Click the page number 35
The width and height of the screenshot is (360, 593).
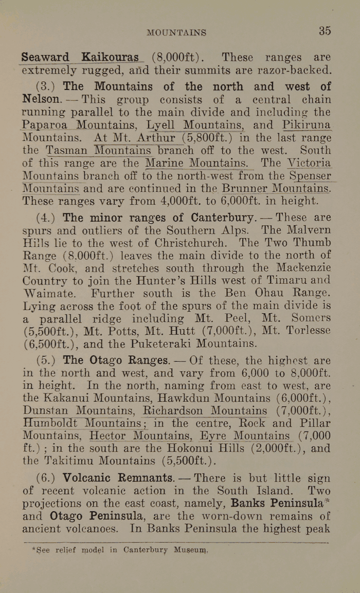click(325, 30)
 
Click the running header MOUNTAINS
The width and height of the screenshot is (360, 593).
click(176, 32)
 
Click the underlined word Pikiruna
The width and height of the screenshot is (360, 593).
click(307, 124)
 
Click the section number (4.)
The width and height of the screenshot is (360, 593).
click(46, 217)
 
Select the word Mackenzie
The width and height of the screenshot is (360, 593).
click(303, 267)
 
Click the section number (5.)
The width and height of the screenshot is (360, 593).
click(46, 361)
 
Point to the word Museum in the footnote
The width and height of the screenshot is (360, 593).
click(191, 550)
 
